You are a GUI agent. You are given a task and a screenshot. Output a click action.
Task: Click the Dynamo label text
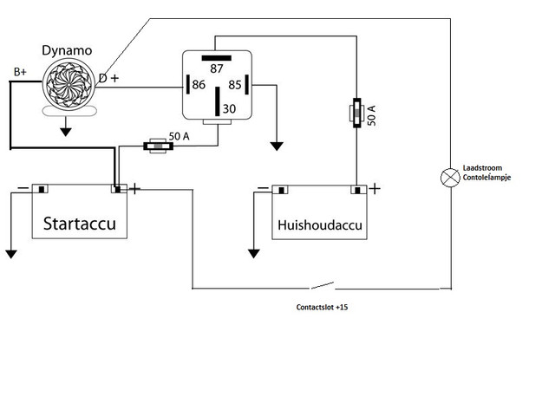tap(67, 51)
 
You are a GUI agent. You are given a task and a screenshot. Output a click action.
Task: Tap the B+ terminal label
tap(20, 72)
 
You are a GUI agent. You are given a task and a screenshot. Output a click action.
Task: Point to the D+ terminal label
tap(109, 78)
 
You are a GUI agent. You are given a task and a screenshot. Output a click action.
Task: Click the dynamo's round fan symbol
tap(69, 85)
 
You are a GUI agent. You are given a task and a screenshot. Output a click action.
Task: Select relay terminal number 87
tap(217, 68)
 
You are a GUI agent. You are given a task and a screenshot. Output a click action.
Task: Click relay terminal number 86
tap(199, 85)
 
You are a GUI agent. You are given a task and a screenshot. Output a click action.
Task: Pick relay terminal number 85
tap(235, 85)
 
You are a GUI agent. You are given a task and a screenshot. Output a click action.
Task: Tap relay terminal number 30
tap(229, 108)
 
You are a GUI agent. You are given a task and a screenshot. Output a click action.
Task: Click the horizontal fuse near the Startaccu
tap(158, 146)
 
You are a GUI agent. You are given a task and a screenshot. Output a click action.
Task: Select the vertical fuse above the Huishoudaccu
tap(356, 113)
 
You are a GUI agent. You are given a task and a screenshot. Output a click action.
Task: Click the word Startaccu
tap(80, 224)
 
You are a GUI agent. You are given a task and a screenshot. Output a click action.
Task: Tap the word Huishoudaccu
tap(320, 225)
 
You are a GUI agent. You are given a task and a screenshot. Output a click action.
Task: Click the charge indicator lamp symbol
tap(450, 178)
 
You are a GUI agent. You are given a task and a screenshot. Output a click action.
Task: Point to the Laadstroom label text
tap(482, 168)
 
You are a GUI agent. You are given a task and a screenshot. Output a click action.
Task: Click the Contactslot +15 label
tap(322, 307)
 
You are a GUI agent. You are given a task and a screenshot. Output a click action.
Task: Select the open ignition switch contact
tap(322, 285)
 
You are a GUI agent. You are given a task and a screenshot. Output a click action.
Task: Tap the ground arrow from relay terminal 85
tap(277, 146)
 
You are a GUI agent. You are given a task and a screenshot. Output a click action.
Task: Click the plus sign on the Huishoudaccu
tap(375, 189)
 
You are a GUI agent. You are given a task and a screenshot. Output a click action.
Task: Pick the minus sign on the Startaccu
tap(23, 188)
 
